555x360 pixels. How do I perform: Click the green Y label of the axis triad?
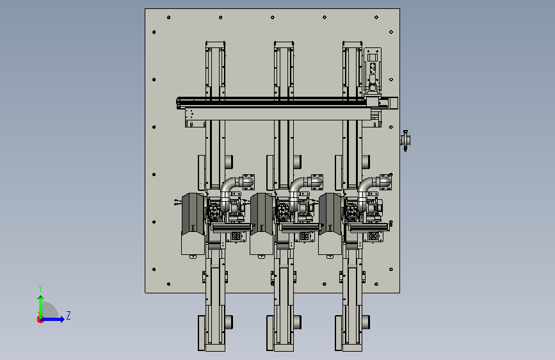pyautogui.click(x=40, y=288)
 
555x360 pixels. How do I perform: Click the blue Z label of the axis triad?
pyautogui.click(x=68, y=315)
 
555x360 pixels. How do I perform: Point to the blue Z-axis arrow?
pyautogui.click(x=53, y=319)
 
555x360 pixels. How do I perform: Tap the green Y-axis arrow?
pyautogui.click(x=41, y=307)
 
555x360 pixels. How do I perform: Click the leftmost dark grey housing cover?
pyautogui.click(x=193, y=214)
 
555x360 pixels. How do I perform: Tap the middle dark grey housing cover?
pyautogui.click(x=262, y=214)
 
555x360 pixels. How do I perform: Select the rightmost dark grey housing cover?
pyautogui.click(x=330, y=214)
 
